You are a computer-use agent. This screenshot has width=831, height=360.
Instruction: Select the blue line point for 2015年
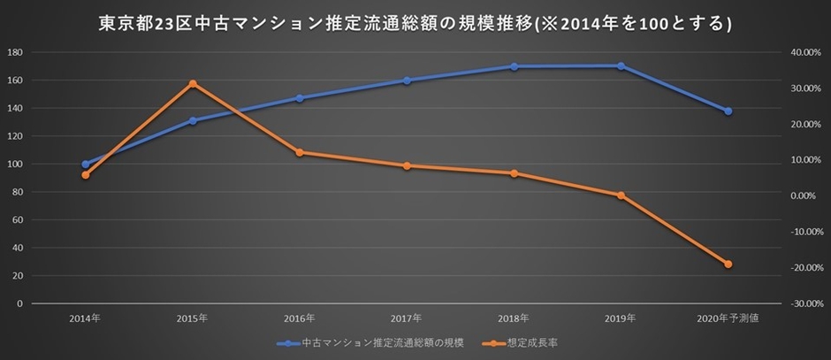(193, 120)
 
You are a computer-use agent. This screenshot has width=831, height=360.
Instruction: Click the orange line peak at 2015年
(193, 83)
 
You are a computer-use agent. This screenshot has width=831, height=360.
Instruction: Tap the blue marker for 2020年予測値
(728, 111)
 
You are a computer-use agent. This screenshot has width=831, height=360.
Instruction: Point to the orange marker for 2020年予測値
(728, 264)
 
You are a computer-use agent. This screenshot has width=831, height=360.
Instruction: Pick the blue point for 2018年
(514, 66)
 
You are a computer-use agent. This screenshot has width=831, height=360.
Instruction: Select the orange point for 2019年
(621, 195)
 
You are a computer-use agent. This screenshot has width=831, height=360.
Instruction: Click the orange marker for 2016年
(300, 152)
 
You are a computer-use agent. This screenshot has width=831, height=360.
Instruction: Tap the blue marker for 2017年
(407, 80)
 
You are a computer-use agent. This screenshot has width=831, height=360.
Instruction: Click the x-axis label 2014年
(86, 317)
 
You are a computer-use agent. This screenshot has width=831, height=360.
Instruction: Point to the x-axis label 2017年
(407, 317)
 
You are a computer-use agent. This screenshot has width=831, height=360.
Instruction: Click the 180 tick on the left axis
(14, 52)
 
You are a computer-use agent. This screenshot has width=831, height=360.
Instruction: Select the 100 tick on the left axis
(14, 164)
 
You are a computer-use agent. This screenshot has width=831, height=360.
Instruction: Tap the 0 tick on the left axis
(19, 303)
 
